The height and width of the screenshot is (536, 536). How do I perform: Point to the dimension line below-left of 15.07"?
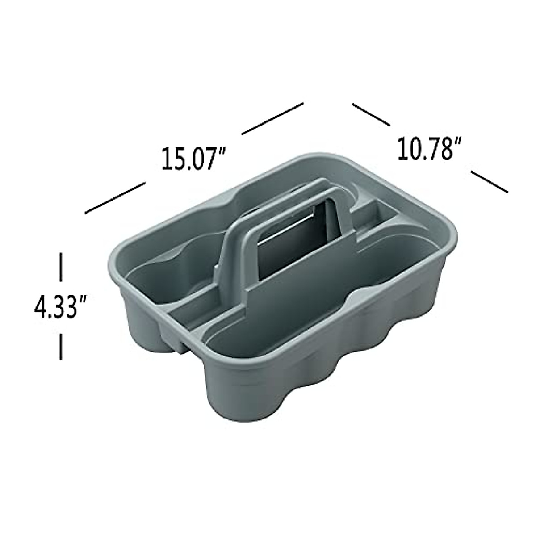tap(115, 197)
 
